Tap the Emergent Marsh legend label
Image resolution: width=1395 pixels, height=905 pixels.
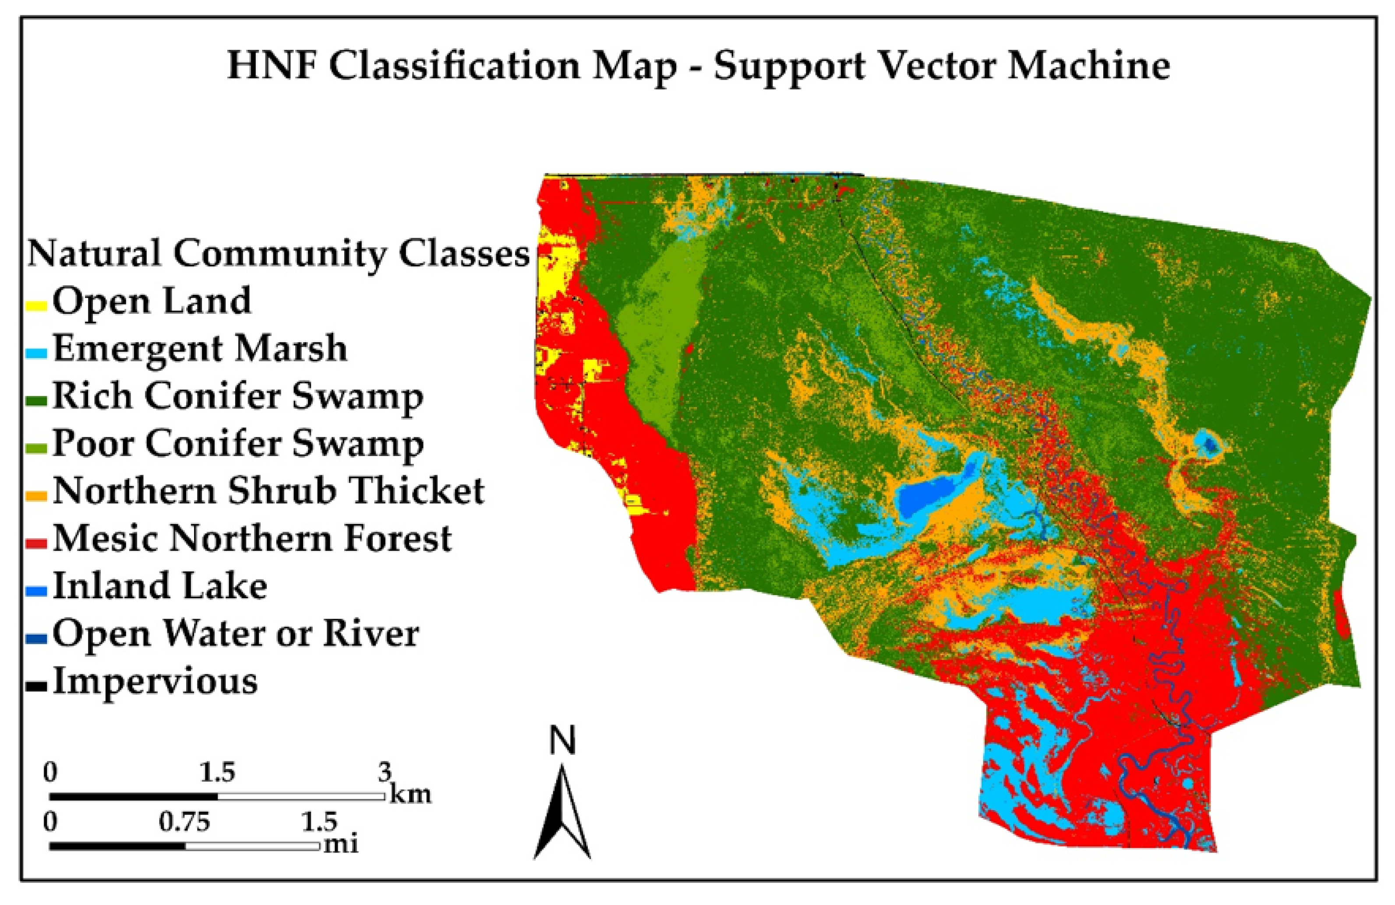(x=200, y=348)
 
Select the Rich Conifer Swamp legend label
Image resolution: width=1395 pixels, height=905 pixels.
(x=238, y=396)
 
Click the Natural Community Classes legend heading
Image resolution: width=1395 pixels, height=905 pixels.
(x=279, y=254)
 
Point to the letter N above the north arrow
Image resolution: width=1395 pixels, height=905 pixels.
(x=563, y=740)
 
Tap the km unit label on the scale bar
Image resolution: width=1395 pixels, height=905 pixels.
(x=410, y=795)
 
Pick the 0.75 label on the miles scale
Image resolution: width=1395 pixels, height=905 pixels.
(x=185, y=822)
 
